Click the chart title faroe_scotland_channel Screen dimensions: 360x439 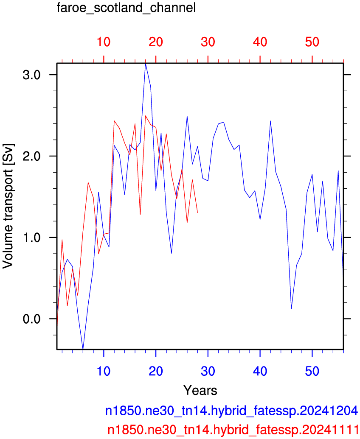click(126, 8)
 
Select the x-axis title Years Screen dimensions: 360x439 click(200, 390)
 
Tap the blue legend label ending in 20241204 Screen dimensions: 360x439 click(231, 411)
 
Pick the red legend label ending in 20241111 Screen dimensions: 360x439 click(233, 430)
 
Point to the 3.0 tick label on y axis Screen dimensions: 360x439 click(31, 75)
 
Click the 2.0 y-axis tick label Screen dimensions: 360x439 click(31, 156)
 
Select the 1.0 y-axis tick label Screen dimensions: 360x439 click(31, 238)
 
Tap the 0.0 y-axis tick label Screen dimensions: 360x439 click(31, 319)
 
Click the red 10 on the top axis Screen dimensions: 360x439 click(104, 42)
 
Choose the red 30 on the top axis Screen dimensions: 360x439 click(208, 42)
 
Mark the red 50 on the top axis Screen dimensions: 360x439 click(312, 42)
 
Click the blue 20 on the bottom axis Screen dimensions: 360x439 click(156, 371)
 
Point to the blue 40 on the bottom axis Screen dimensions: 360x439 click(260, 371)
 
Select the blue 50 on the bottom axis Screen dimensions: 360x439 click(312, 371)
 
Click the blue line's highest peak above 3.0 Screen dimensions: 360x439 click(145, 64)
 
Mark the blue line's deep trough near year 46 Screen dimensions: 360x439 click(291, 308)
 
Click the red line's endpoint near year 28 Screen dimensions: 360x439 click(197, 213)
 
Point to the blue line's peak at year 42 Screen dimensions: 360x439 click(270, 121)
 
